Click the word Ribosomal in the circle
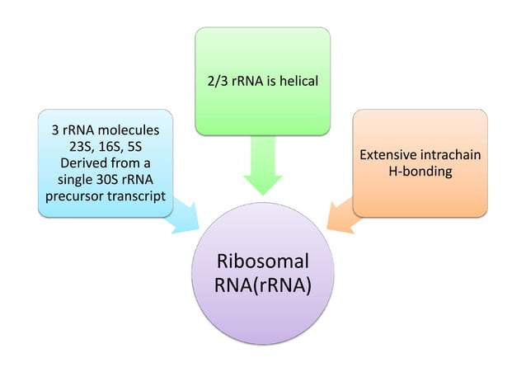(x=262, y=262)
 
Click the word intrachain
(x=452, y=155)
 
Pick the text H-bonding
(x=420, y=171)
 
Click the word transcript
(x=137, y=196)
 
